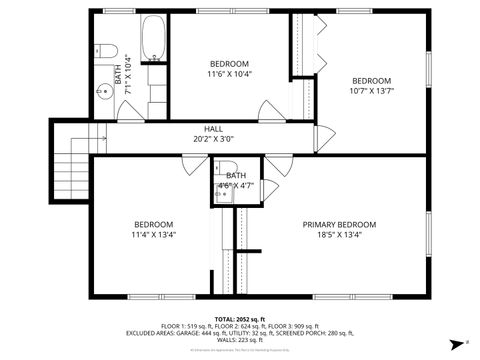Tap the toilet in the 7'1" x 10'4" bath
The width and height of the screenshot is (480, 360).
pyautogui.click(x=108, y=51)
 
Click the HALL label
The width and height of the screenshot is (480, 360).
pyautogui.click(x=214, y=129)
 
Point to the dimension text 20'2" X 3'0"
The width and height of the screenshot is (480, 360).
pyautogui.click(x=214, y=140)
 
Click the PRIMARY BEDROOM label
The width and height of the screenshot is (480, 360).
pyautogui.click(x=339, y=224)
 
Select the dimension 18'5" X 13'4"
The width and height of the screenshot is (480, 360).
pyautogui.click(x=339, y=236)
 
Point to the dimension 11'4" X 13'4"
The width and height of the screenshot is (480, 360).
pyautogui.click(x=154, y=236)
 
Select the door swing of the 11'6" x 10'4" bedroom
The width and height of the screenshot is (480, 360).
pyautogui.click(x=269, y=111)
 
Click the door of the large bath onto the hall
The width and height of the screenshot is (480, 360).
pyautogui.click(x=131, y=111)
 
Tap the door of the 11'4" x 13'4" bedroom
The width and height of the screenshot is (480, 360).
pyautogui.click(x=196, y=166)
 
